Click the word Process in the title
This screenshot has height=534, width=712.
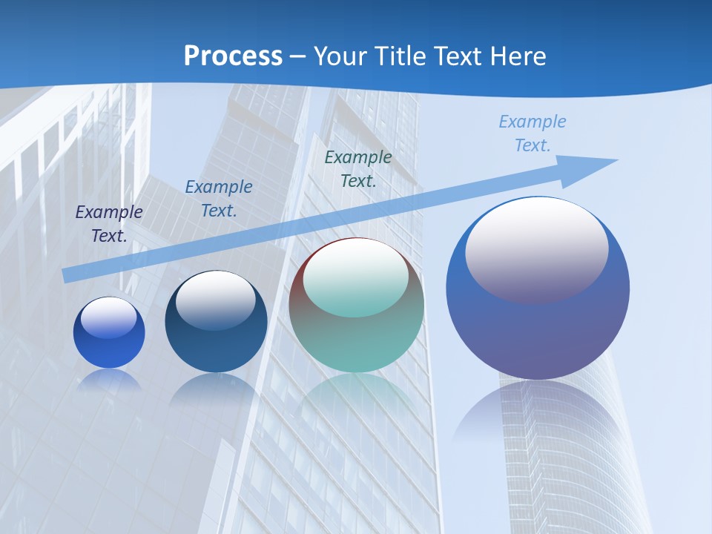tap(233, 56)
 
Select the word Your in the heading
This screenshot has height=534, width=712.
tap(340, 56)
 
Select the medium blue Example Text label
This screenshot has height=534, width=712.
tap(219, 199)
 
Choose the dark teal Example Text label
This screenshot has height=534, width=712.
tap(358, 168)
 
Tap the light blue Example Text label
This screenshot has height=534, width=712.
tap(533, 133)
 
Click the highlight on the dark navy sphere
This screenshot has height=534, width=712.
tap(215, 299)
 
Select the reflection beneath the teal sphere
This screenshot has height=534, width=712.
tap(356, 397)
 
